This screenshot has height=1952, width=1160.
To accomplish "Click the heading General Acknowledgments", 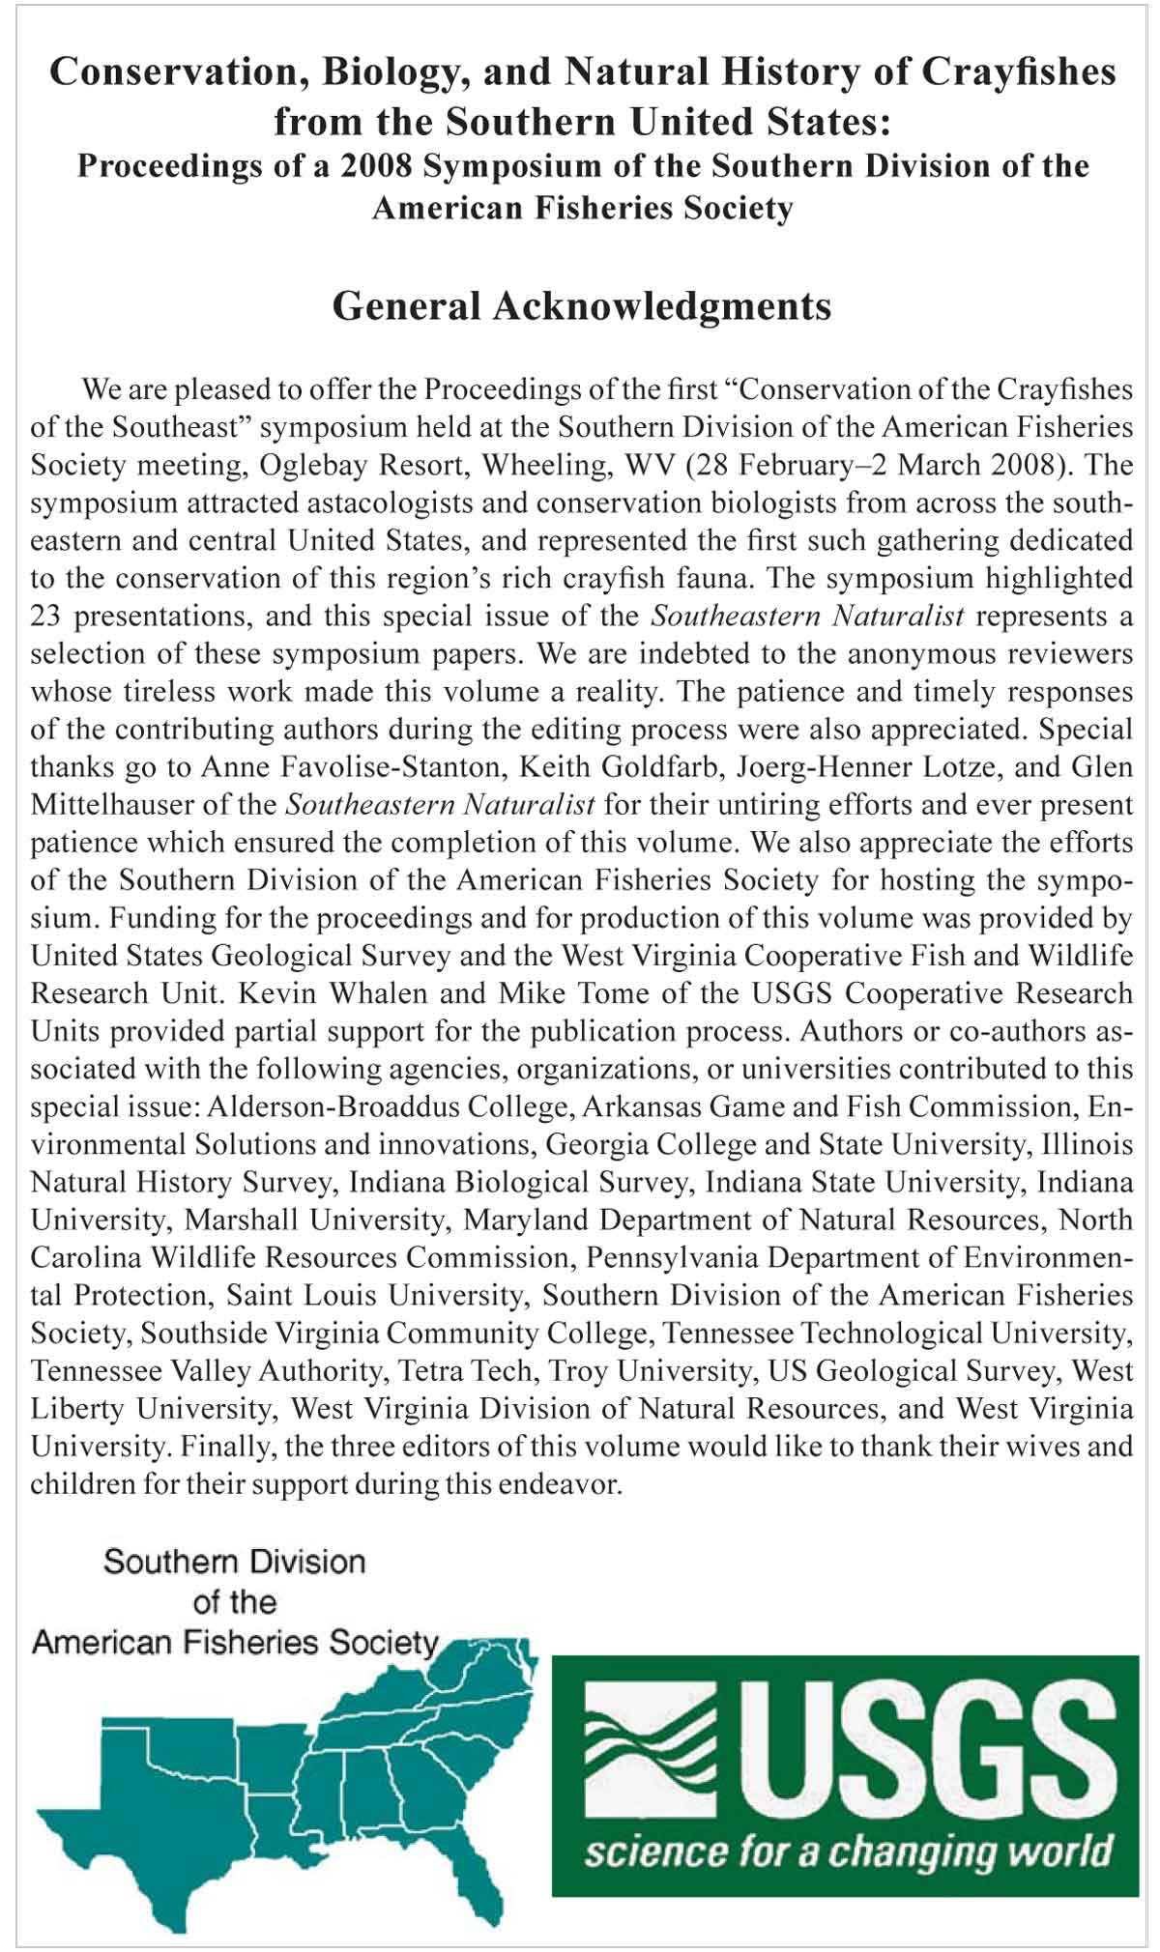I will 581,306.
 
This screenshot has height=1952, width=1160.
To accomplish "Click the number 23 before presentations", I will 47,616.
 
